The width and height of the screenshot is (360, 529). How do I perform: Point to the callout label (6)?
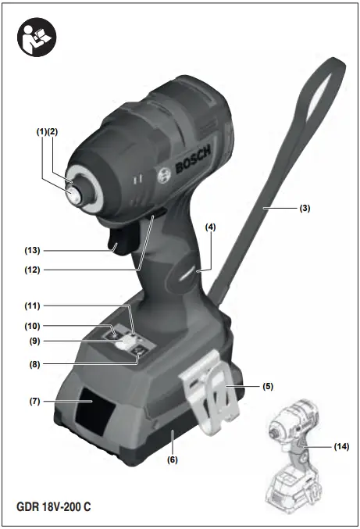pyautogui.click(x=172, y=459)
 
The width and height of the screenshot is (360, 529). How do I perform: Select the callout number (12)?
pyautogui.click(x=33, y=271)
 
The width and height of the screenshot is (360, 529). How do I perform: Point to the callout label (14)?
pyautogui.click(x=341, y=446)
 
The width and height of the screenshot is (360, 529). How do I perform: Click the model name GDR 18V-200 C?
pyautogui.click(x=54, y=507)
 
